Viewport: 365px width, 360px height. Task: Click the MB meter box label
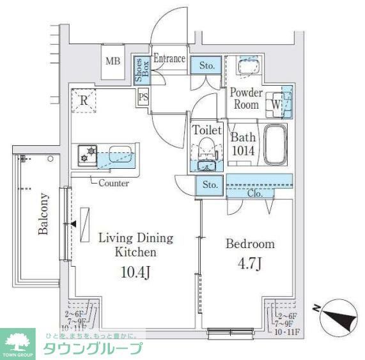coord(113,61)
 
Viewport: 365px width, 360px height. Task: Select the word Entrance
coord(169,59)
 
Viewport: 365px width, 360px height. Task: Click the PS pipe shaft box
coord(143,97)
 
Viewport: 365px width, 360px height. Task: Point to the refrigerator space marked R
coord(84,99)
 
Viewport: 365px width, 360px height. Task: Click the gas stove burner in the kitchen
coord(87,154)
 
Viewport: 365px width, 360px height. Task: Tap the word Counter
coord(114,183)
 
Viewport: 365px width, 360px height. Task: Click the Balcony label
coord(43,214)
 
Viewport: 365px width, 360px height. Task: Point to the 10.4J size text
coord(135,272)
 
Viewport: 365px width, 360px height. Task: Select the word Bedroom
coord(250,244)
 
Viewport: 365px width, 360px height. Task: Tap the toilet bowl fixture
coord(206,151)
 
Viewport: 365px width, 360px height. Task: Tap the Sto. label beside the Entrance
coord(207,65)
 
